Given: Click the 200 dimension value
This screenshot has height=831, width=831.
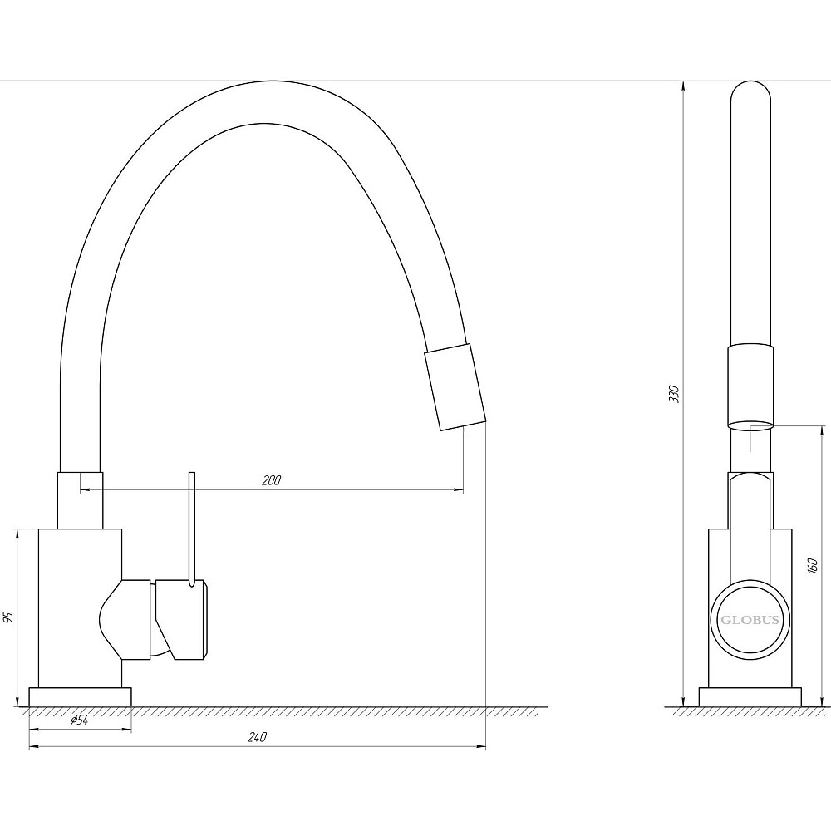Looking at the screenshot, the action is [x=272, y=480].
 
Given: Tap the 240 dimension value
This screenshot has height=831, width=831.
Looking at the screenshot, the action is [x=257, y=737].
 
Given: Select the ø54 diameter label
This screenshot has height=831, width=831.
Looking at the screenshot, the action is [x=79, y=720].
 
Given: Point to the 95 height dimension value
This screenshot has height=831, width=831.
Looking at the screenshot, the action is [x=7, y=617].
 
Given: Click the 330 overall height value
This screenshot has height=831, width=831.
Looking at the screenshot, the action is [x=674, y=394].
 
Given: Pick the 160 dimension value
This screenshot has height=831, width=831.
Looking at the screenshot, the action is [x=813, y=566].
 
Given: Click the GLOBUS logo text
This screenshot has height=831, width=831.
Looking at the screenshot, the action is [x=750, y=620].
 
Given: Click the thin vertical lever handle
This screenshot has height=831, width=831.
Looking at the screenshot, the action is [x=192, y=529].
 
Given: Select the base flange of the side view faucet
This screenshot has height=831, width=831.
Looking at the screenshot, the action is [x=750, y=697].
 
